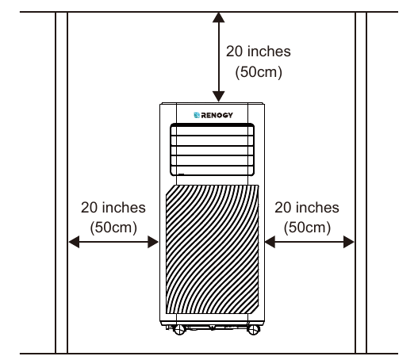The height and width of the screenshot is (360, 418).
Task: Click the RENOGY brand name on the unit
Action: click(x=217, y=115)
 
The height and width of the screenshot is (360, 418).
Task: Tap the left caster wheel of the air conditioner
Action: click(x=179, y=330)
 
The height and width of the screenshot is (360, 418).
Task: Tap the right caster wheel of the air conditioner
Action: click(x=253, y=330)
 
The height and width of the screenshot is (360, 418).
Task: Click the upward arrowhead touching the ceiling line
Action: click(x=219, y=17)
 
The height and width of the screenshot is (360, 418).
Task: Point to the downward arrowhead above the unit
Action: click(x=219, y=96)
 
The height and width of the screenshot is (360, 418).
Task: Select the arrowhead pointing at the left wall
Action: click(x=74, y=242)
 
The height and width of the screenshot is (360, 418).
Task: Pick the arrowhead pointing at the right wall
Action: click(x=349, y=242)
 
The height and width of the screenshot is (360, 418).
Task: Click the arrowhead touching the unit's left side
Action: click(x=153, y=242)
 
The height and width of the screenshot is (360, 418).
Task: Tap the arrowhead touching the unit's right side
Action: click(x=270, y=242)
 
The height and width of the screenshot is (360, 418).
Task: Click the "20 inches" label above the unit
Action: click(x=259, y=52)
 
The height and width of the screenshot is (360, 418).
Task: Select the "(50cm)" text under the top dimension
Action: click(x=259, y=72)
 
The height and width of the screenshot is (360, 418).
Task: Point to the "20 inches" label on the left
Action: click(x=113, y=207)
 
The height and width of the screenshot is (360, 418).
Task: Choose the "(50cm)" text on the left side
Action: click(x=113, y=228)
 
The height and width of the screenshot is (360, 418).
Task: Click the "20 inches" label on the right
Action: click(x=307, y=207)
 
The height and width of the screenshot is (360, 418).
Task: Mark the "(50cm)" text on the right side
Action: click(x=307, y=228)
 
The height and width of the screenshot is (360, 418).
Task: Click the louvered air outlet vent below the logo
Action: click(x=212, y=150)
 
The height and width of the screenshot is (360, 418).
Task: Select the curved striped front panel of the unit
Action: click(x=213, y=249)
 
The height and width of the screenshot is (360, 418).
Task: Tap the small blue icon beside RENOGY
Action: click(x=197, y=115)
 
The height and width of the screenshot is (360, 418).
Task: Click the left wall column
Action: click(x=61, y=183)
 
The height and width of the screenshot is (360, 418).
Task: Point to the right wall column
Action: click(x=361, y=183)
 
